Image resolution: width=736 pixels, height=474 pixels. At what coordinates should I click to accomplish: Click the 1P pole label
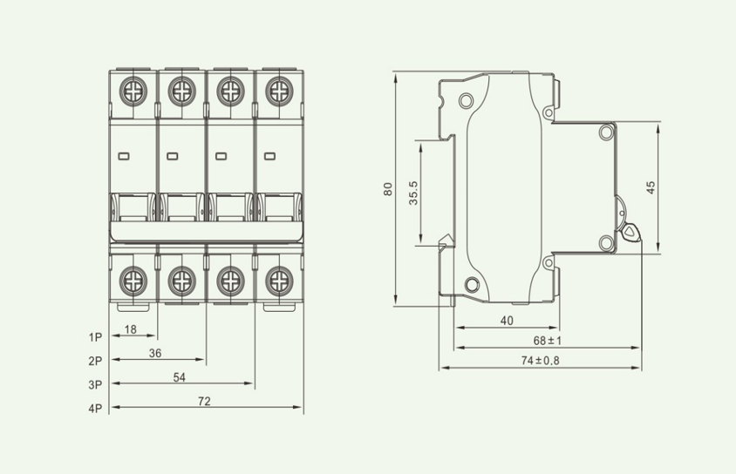click(x=95, y=337)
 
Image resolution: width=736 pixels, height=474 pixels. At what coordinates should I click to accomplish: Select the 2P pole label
click(x=95, y=361)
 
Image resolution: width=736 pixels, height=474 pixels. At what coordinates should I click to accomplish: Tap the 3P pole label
click(x=95, y=385)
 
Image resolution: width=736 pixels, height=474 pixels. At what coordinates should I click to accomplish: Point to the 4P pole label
click(x=95, y=409)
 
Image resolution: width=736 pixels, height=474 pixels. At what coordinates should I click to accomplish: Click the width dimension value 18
click(x=131, y=329)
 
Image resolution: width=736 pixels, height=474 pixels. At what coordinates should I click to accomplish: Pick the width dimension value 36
click(x=155, y=354)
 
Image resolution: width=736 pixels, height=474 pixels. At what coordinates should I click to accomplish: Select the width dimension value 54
click(x=180, y=377)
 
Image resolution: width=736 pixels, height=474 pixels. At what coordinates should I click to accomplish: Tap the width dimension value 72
click(x=204, y=402)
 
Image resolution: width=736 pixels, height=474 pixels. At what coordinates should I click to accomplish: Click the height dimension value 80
click(x=388, y=189)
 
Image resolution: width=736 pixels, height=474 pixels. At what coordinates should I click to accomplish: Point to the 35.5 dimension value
click(x=413, y=193)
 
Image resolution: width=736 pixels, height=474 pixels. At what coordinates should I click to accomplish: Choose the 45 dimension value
click(x=651, y=188)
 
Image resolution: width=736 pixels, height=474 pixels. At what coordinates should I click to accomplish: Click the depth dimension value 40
click(x=507, y=321)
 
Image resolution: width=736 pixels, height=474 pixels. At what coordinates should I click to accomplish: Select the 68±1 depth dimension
click(x=548, y=341)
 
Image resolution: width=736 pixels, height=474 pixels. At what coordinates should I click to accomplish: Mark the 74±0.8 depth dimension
click(x=541, y=361)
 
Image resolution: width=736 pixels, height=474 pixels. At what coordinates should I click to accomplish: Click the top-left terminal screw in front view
click(x=133, y=91)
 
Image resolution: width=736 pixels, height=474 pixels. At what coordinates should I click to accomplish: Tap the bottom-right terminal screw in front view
click(x=279, y=281)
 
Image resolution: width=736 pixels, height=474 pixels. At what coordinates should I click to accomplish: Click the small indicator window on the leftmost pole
click(x=124, y=156)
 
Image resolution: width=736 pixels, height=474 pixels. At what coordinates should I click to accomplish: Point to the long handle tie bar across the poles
click(x=206, y=232)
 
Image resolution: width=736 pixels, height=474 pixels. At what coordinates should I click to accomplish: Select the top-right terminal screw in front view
click(x=279, y=91)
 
